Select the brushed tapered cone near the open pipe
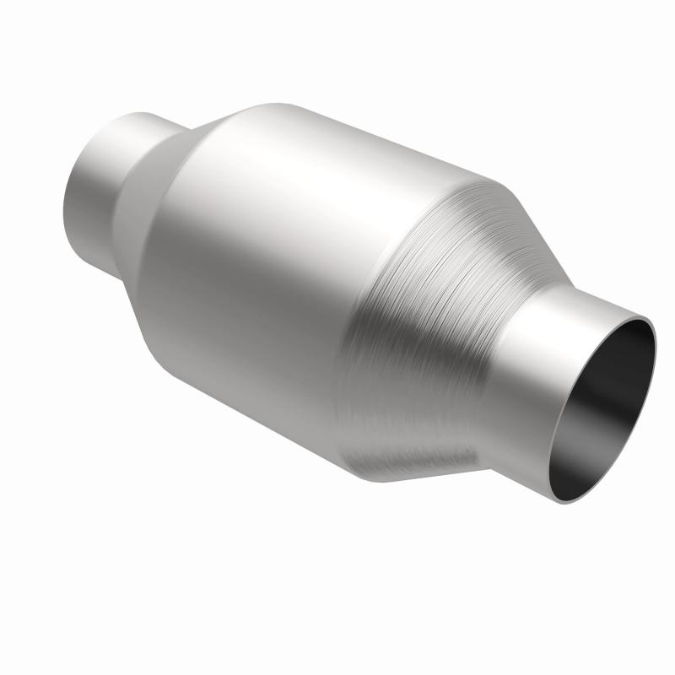coord(422,337)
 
